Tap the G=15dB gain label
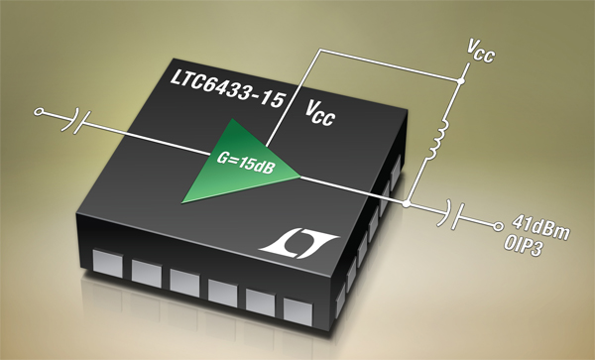tap(245, 163)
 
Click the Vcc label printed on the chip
tap(320, 114)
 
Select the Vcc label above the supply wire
tap(481, 52)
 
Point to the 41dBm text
tap(540, 227)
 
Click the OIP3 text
tap(524, 246)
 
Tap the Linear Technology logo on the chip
tap(298, 243)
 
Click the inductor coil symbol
tap(439, 140)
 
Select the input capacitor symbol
tap(76, 120)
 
